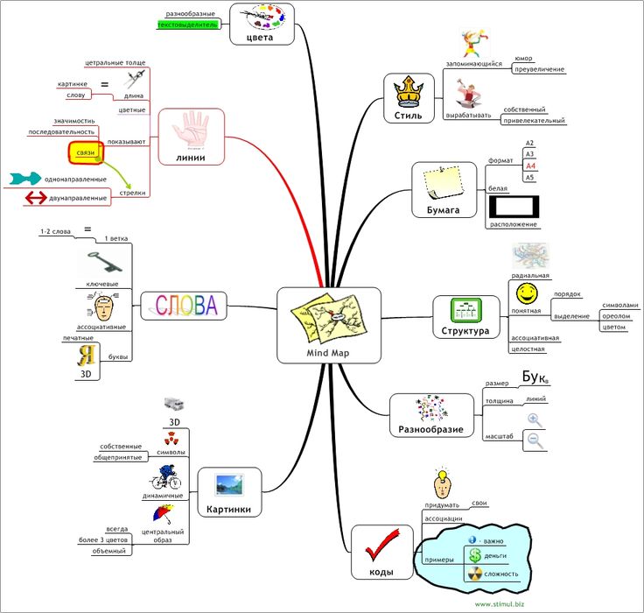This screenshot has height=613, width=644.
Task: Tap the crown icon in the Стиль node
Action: pyautogui.click(x=408, y=92)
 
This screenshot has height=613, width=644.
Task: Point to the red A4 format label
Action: pyautogui.click(x=530, y=166)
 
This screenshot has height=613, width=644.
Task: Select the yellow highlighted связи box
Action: pyautogui.click(x=87, y=153)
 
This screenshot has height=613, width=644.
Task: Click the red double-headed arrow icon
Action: pyautogui.click(x=36, y=198)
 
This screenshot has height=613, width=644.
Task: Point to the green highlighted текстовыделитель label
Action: pyautogui.click(x=186, y=25)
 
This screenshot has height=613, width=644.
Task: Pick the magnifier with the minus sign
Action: pyautogui.click(x=535, y=441)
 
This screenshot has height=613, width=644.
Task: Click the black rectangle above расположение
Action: pyautogui.click(x=513, y=207)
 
